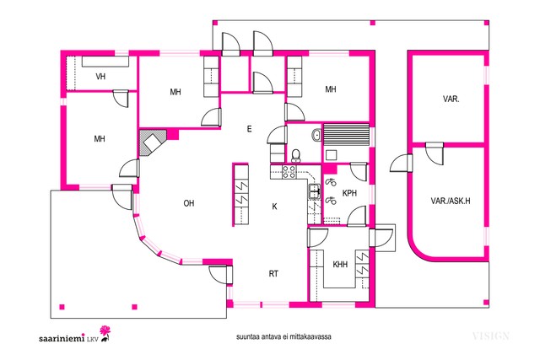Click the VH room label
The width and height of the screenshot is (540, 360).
point(100,77)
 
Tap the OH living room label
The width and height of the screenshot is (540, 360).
point(189,203)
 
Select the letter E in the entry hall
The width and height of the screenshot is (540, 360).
point(250,129)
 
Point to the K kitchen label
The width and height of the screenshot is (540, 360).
point(274,207)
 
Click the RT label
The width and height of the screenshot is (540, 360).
point(273,274)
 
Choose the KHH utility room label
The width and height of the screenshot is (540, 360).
point(340,265)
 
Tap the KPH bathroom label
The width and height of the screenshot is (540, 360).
point(349,193)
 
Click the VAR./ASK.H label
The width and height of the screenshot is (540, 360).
point(450,201)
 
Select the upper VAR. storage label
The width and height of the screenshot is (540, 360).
point(451,99)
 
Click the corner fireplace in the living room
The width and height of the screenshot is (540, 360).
point(153,142)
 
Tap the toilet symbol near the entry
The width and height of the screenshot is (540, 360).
point(296,155)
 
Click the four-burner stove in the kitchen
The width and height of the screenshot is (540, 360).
point(289,172)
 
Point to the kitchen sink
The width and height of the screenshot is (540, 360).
point(314,191)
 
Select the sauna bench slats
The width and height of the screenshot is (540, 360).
point(346,135)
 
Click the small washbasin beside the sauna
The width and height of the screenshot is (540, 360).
point(316,135)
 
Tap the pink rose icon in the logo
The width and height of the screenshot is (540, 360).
point(105,333)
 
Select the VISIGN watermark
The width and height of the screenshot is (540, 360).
point(490,336)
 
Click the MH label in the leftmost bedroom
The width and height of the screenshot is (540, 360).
point(100,139)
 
